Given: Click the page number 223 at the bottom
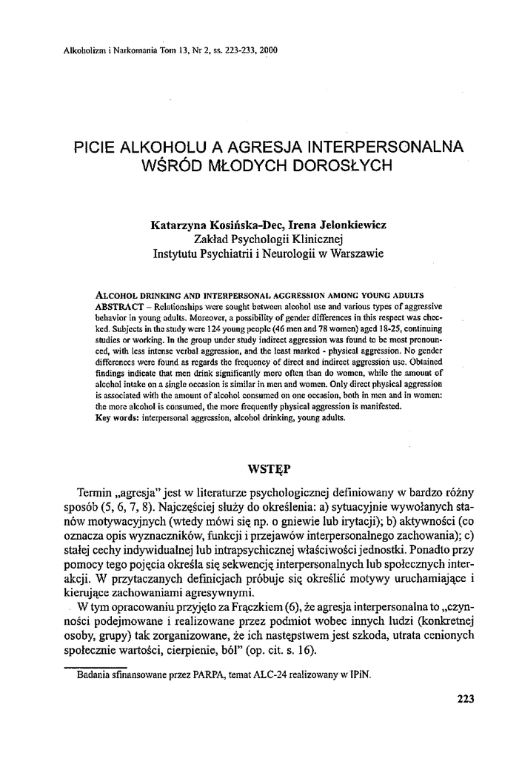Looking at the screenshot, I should click(465, 698).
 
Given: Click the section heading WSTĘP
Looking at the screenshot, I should click(268, 468).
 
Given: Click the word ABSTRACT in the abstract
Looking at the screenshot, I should click(119, 305).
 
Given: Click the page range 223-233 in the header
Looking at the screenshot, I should click(231, 51).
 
